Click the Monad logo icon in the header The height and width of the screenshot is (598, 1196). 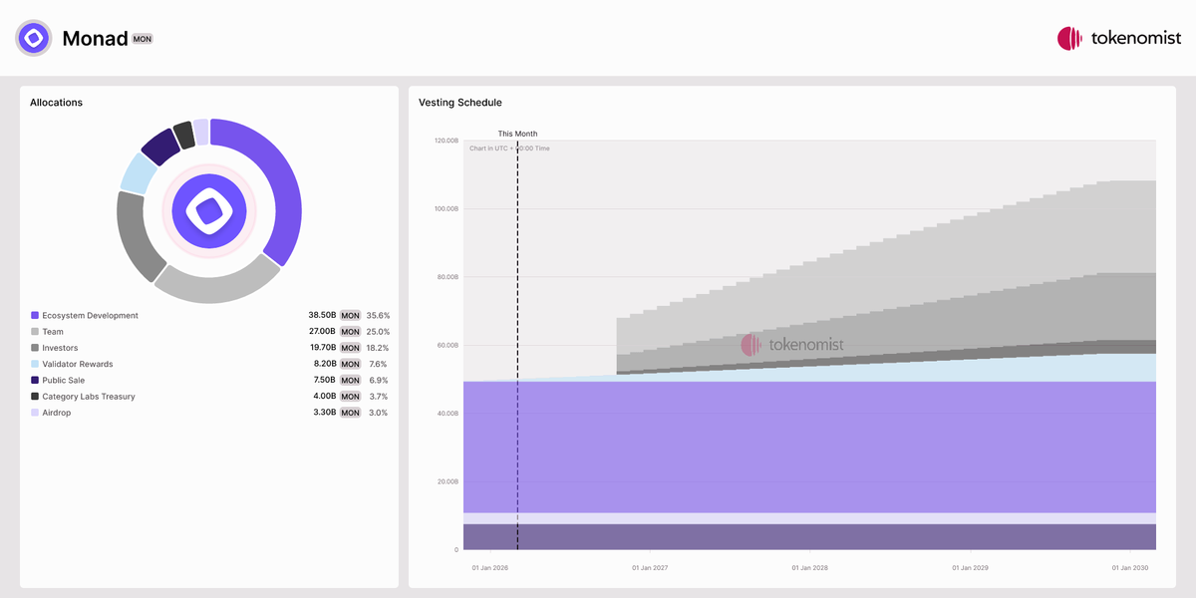[x=33, y=39]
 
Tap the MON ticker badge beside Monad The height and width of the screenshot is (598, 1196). [x=143, y=39]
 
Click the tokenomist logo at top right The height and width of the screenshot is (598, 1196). [x=1118, y=39]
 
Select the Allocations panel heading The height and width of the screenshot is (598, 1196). [x=57, y=103]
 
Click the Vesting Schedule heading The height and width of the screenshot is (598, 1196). [x=460, y=103]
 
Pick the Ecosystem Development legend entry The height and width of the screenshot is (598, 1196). [x=90, y=316]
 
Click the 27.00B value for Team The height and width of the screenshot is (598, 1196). [x=321, y=332]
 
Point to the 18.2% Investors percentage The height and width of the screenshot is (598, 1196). [x=378, y=348]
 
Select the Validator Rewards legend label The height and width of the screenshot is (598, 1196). [x=78, y=364]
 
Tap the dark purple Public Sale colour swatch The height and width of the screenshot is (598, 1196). [x=35, y=380]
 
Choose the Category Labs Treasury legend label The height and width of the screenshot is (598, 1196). [x=89, y=397]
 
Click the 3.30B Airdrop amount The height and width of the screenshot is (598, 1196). [x=321, y=413]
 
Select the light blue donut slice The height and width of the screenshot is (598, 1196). [x=135, y=172]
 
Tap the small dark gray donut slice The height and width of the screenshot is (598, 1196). [x=183, y=135]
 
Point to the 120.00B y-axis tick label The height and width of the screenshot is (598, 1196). [x=446, y=142]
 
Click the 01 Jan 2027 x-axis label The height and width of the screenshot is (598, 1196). [x=650, y=568]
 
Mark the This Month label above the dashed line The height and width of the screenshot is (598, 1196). [x=517, y=134]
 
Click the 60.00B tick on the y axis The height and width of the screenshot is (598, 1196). [x=448, y=346]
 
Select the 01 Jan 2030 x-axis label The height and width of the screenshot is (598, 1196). [x=1130, y=568]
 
